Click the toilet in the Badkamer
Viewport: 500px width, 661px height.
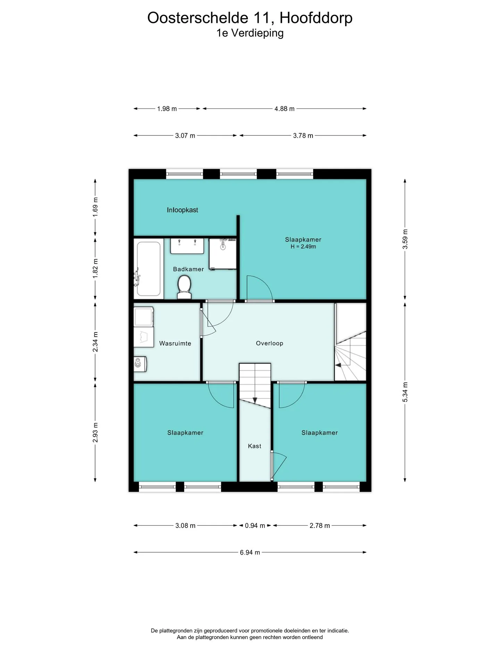coord(184,287)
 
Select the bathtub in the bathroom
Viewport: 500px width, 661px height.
coord(148,268)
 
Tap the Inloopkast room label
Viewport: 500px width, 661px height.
coord(182,210)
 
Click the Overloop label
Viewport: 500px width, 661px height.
coord(269,343)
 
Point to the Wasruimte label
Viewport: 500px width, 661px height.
coord(175,344)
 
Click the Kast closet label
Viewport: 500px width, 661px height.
coord(255,446)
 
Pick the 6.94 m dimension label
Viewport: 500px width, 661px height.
coord(250,552)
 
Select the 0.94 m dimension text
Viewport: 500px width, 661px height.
coord(255,526)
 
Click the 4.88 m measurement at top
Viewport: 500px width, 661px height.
coord(284,109)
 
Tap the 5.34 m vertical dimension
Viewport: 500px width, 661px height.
coord(405,392)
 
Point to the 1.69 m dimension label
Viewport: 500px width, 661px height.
coord(95,207)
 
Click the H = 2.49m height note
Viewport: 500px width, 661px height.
coord(303,247)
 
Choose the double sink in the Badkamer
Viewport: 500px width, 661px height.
coord(187,246)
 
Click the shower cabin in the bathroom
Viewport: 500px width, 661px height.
coord(223,254)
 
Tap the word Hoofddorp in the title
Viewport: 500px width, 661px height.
coord(316,18)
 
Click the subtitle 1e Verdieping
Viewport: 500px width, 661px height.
coord(250,33)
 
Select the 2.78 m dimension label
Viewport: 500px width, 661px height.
coord(320,526)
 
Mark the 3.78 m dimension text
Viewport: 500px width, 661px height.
coord(303,135)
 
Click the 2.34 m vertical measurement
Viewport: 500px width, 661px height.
coord(95,342)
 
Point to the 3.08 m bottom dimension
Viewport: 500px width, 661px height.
coord(185,526)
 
